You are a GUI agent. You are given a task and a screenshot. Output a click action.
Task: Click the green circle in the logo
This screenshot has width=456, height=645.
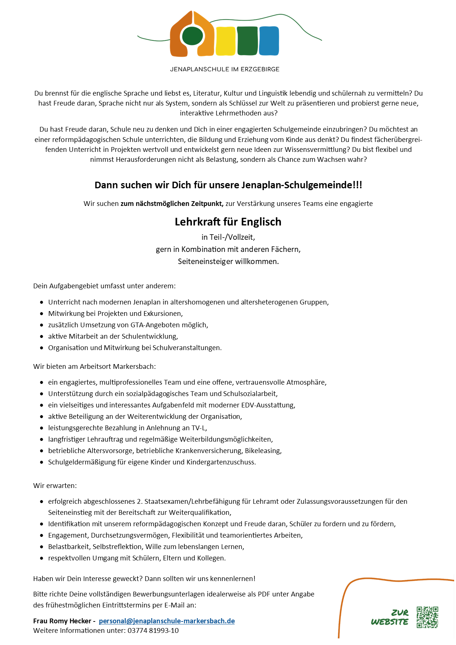click(x=192, y=36)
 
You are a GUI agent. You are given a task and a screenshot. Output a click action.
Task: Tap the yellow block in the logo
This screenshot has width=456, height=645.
click(x=225, y=41)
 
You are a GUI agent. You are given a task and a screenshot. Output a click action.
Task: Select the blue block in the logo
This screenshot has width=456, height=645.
click(x=269, y=41)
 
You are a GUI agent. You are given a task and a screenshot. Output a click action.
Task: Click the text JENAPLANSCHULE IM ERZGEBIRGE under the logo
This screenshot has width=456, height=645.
click(x=225, y=69)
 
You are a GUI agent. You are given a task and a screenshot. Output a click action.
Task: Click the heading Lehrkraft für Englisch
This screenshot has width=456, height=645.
click(x=228, y=222)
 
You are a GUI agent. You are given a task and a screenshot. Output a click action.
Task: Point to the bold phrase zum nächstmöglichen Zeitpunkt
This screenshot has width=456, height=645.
click(x=172, y=203)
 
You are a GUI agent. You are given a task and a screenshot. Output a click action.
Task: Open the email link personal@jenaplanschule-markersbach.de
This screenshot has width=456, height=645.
click(x=167, y=621)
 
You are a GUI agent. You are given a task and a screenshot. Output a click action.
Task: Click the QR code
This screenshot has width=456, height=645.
click(x=427, y=617)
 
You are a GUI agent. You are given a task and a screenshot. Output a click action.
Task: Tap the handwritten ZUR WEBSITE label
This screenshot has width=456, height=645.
click(x=390, y=617)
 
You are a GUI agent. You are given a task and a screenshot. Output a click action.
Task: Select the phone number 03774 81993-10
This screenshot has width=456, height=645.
click(x=153, y=630)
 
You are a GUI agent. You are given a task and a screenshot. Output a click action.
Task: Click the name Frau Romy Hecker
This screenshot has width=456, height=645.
click(x=62, y=621)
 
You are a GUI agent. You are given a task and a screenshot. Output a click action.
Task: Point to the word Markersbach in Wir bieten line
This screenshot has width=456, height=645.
click(x=134, y=366)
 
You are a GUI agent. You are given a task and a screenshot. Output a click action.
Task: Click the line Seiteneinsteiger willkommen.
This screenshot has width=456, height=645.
click(x=228, y=261)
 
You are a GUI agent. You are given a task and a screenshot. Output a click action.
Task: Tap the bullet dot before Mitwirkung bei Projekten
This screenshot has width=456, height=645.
click(x=42, y=314)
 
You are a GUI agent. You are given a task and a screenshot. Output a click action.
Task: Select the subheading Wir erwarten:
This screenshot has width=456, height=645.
click(x=55, y=485)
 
